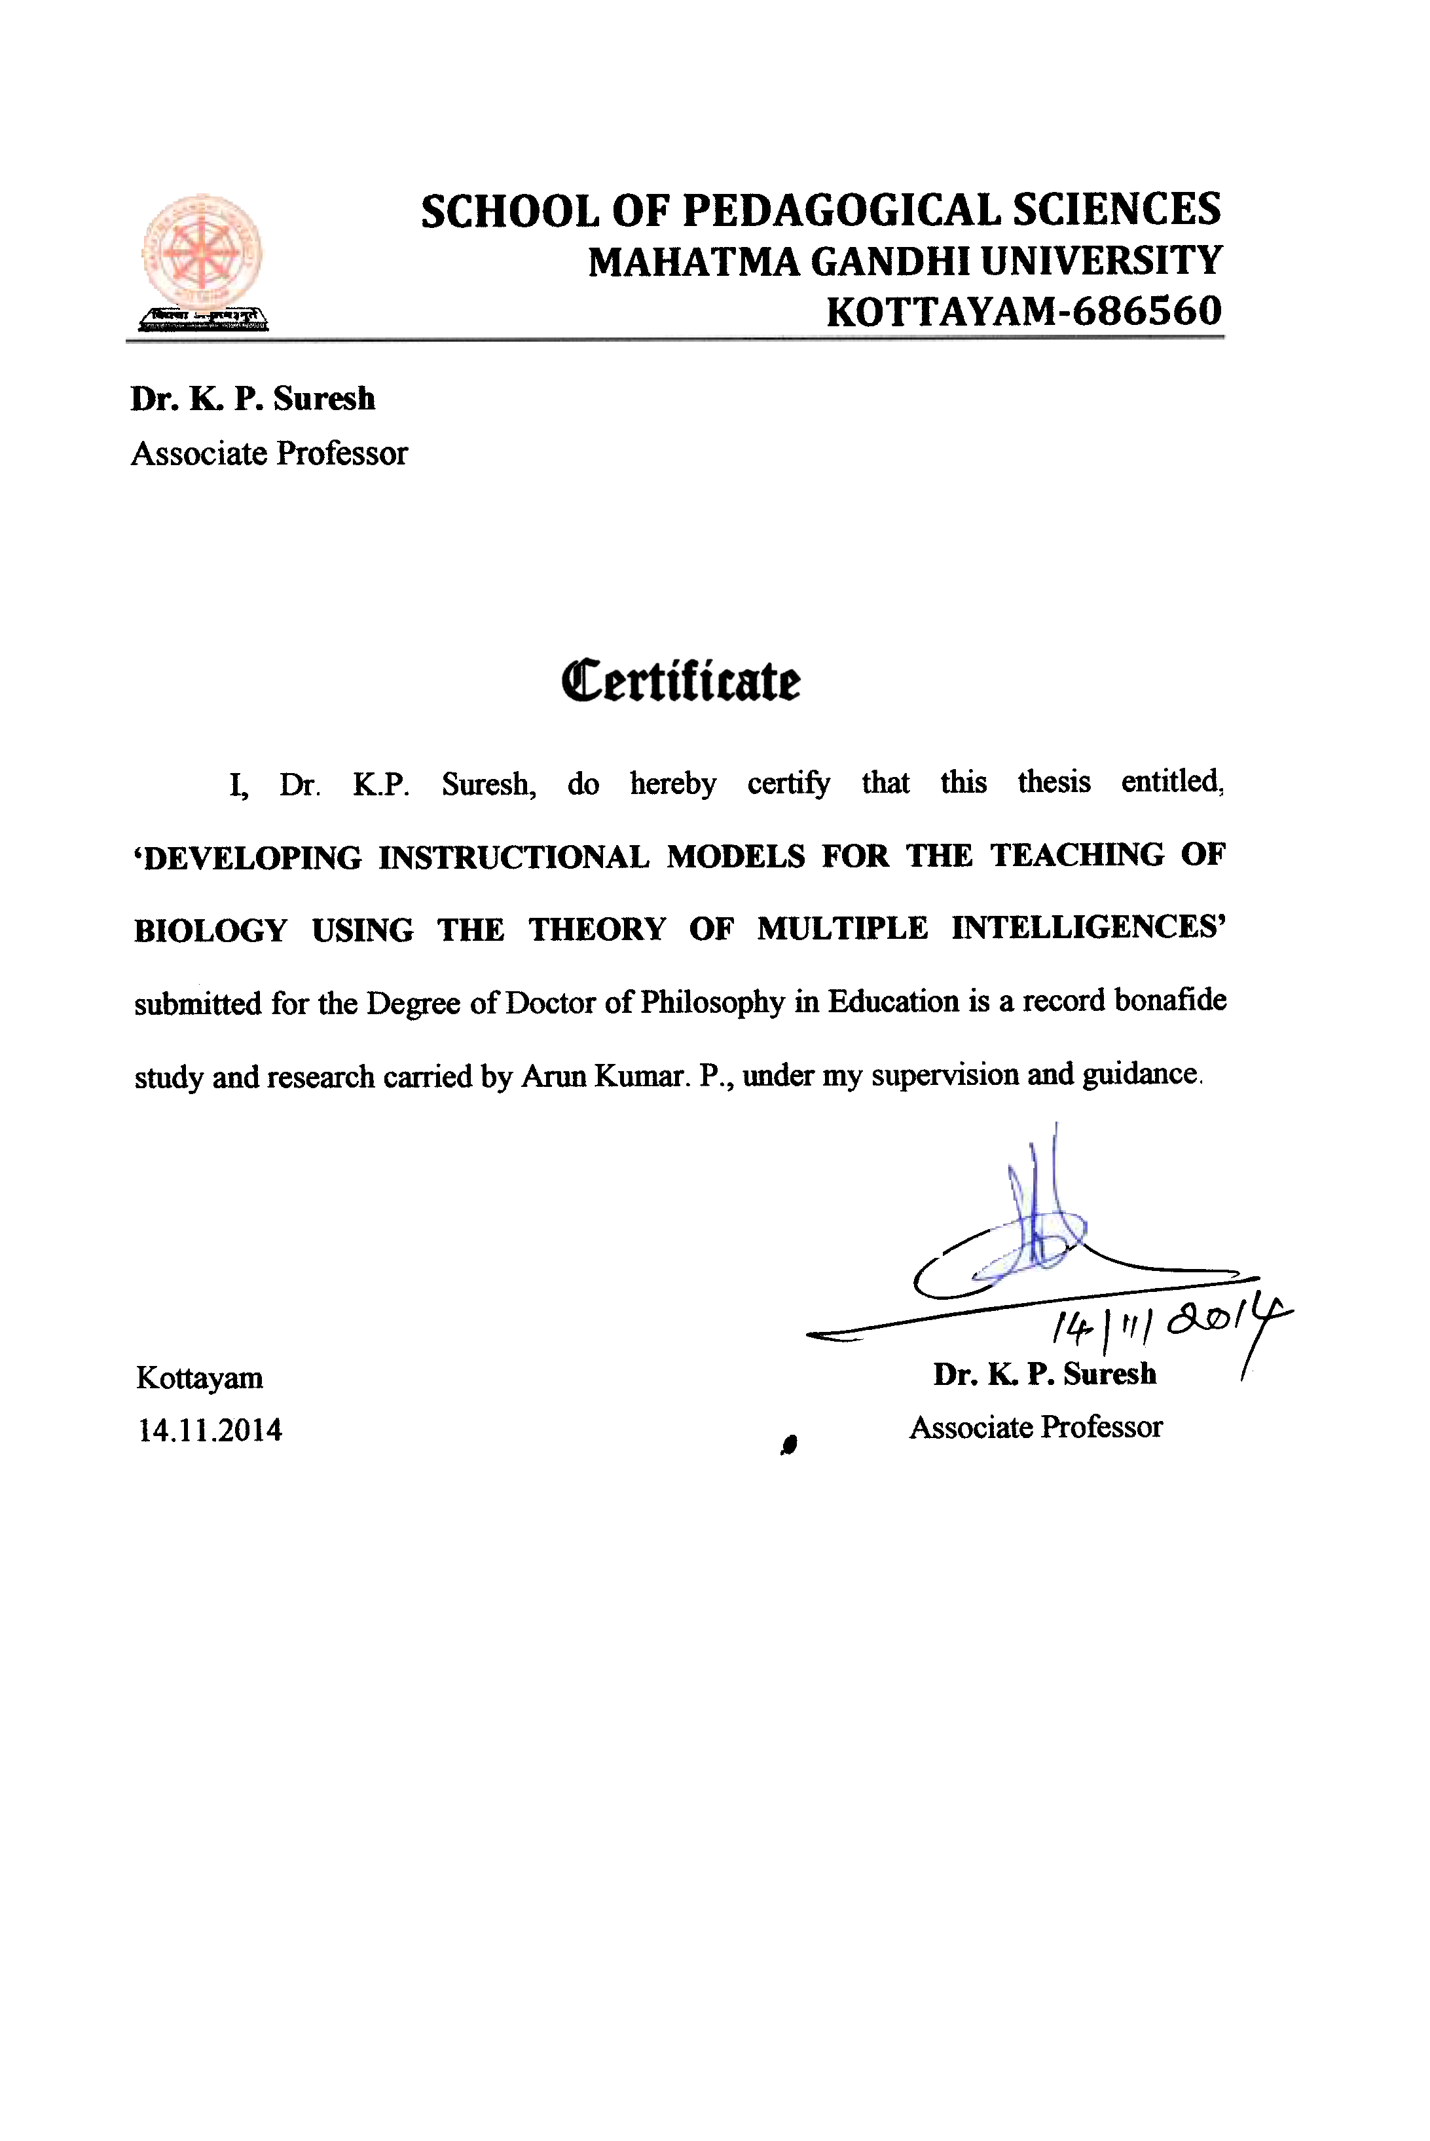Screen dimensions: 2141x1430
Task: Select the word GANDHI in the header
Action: click(889, 263)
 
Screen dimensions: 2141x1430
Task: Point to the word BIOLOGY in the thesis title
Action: click(211, 930)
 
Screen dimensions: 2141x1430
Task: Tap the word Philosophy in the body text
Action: click(711, 1002)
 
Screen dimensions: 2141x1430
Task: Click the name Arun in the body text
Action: click(553, 1076)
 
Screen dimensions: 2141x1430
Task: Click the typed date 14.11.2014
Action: click(210, 1430)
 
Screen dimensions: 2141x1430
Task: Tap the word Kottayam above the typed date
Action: click(200, 1378)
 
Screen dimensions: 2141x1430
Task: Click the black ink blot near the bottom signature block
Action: click(790, 1444)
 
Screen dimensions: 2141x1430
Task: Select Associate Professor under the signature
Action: click(1036, 1427)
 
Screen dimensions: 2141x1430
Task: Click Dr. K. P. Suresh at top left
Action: click(253, 398)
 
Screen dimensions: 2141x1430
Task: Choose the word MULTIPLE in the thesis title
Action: click(842, 928)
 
